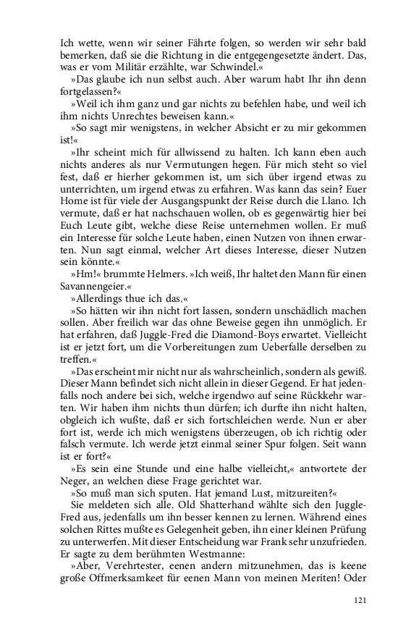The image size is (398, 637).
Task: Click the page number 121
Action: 361,600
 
